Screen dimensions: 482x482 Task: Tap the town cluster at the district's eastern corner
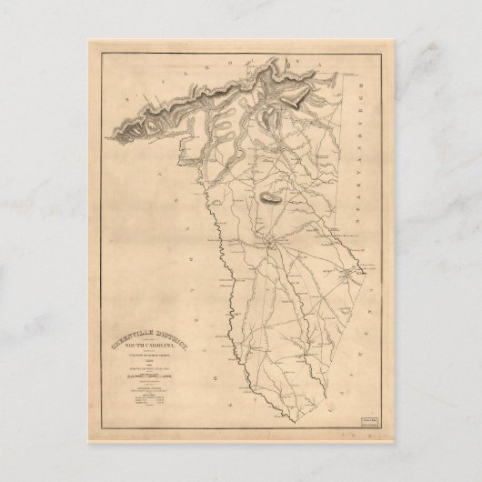pyautogui.click(x=346, y=270)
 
